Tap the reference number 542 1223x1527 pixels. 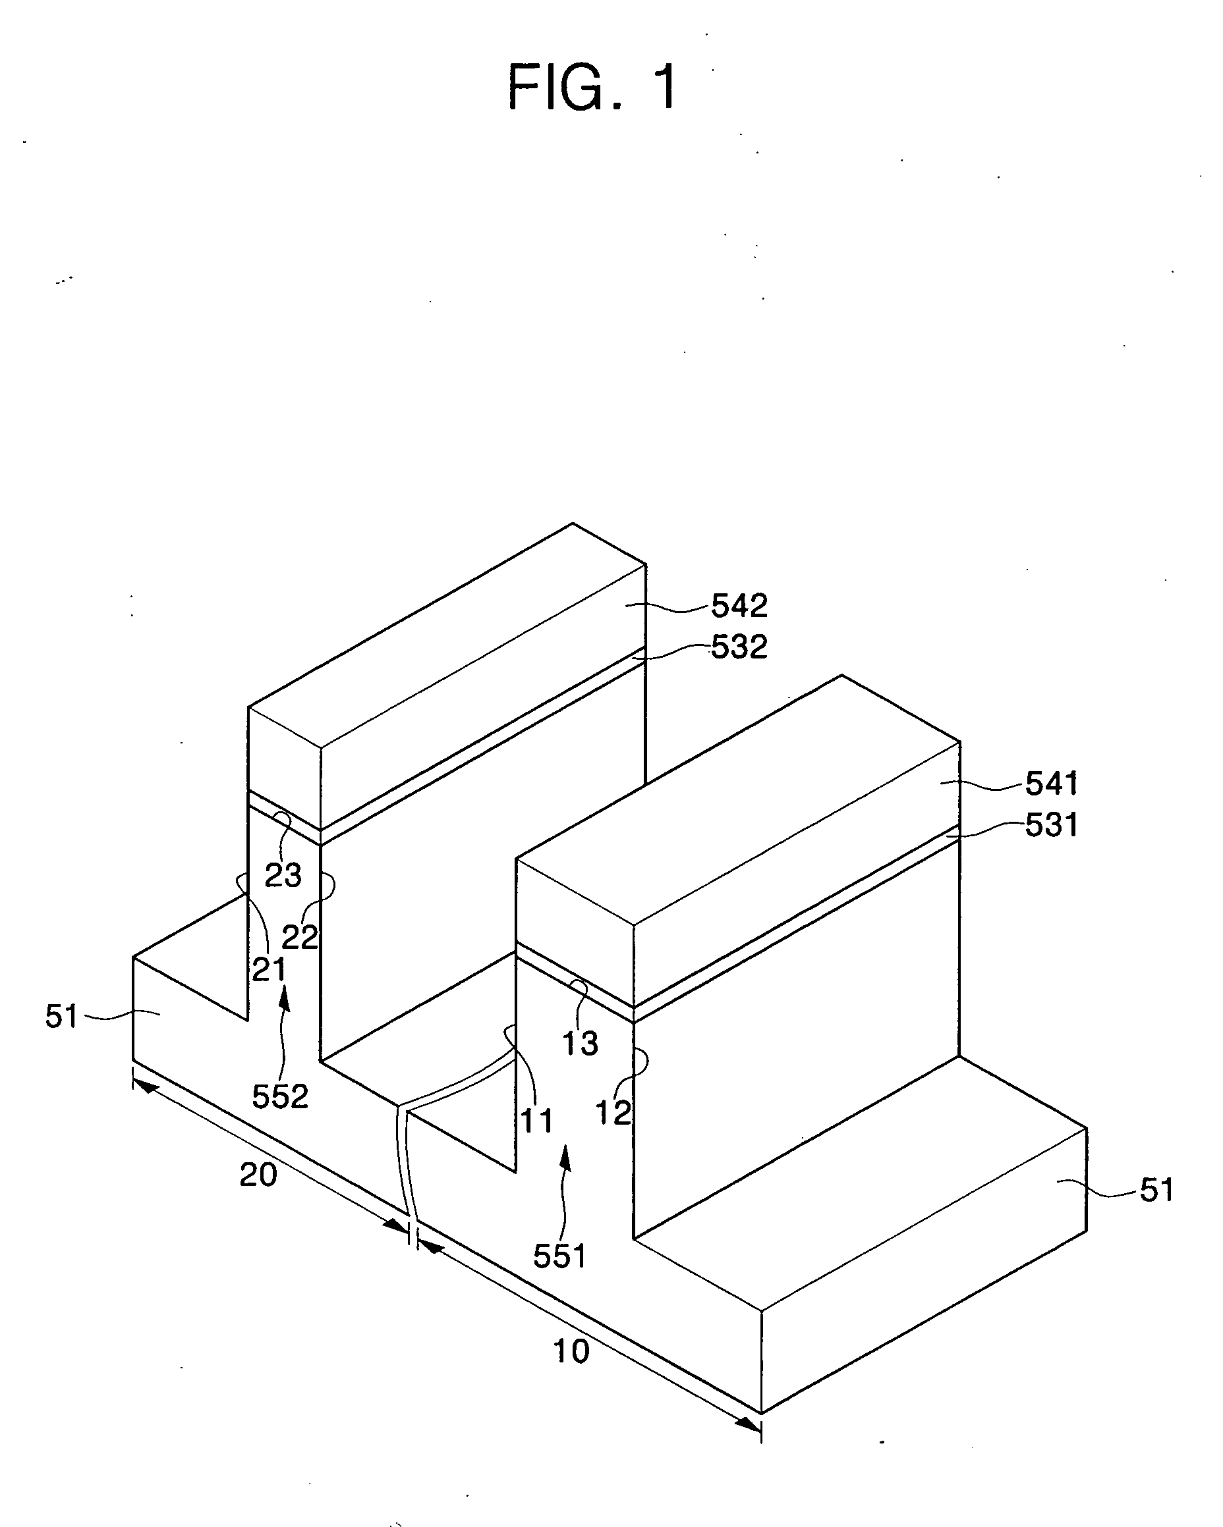[739, 606]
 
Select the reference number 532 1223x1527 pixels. [739, 647]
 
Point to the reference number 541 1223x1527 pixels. [1052, 784]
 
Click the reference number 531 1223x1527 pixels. [1052, 825]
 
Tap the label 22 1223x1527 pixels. [300, 938]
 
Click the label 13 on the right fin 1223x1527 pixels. [580, 1043]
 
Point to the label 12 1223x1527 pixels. [613, 1113]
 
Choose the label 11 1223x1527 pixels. [536, 1121]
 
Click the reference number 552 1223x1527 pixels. [280, 1096]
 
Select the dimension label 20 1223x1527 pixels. [258, 1175]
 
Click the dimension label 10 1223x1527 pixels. [571, 1351]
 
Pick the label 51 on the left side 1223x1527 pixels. [62, 1016]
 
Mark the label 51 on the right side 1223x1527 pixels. [1157, 1191]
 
